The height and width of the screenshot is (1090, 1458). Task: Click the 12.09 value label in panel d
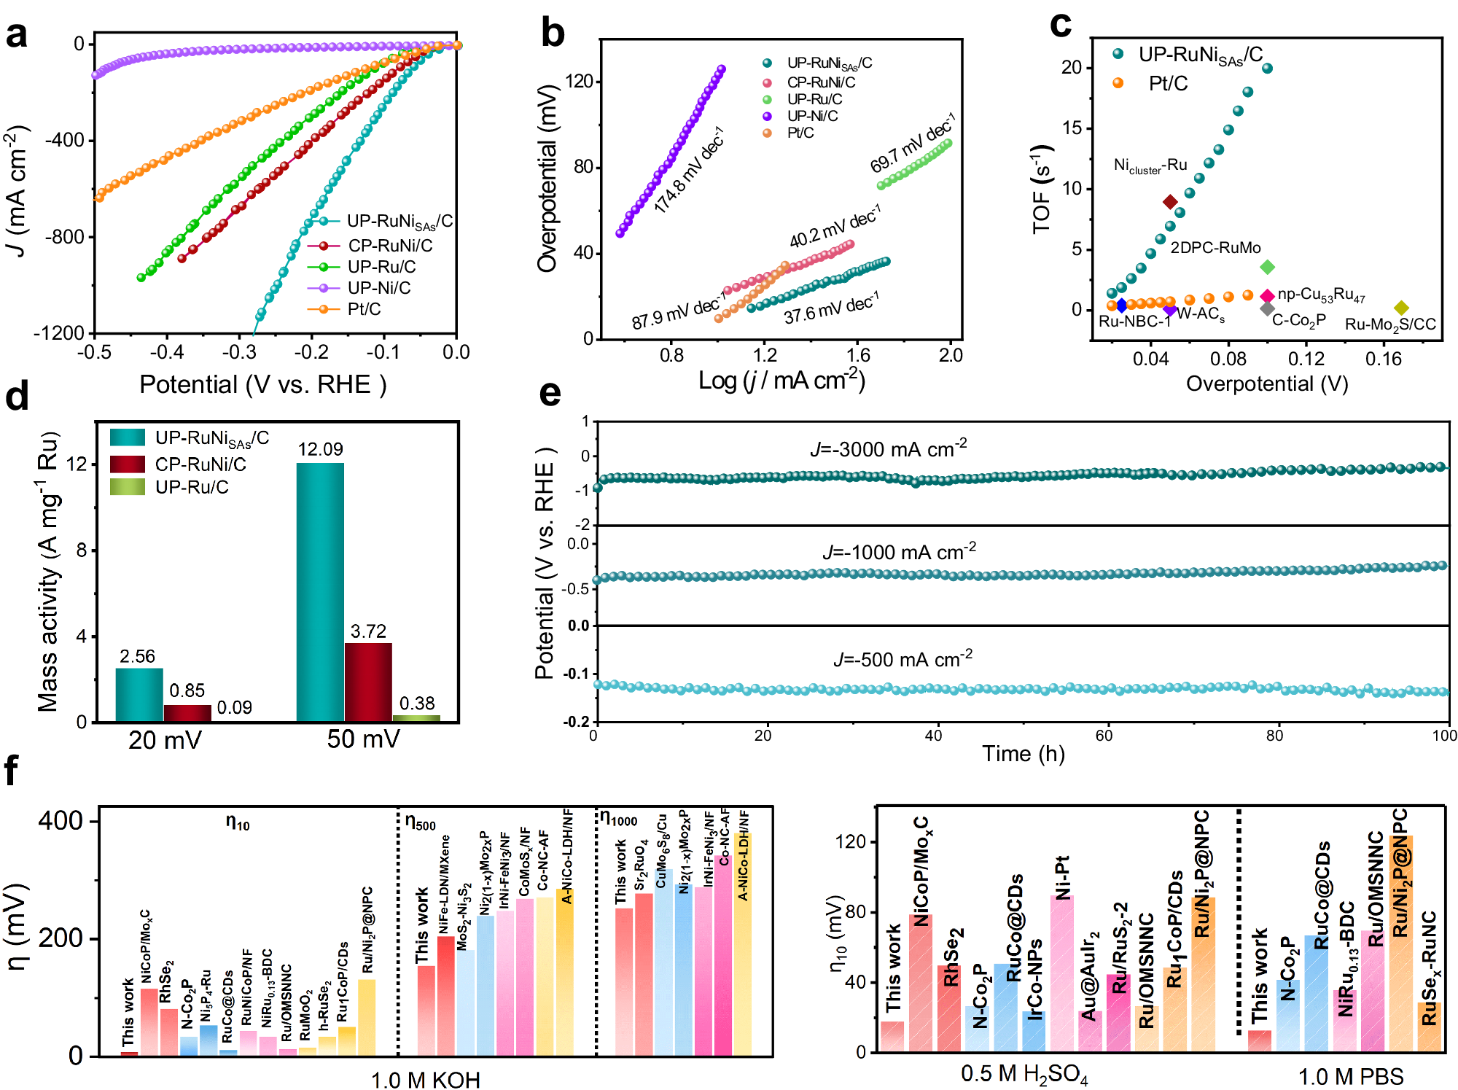(x=320, y=449)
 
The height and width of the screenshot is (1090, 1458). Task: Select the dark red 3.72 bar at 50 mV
(x=368, y=682)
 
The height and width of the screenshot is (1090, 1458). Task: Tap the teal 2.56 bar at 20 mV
(x=139, y=695)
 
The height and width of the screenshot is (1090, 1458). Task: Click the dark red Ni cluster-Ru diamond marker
(x=1170, y=202)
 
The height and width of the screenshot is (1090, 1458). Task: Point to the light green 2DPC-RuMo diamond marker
(x=1267, y=268)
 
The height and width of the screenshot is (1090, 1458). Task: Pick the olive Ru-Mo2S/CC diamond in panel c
(x=1401, y=308)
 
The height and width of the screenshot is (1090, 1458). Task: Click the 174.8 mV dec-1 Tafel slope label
(x=688, y=170)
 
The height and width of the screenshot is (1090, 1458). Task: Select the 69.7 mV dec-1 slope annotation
(x=911, y=144)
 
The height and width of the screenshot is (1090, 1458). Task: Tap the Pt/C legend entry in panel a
(x=364, y=309)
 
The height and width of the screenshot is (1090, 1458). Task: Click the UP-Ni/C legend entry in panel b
(x=812, y=116)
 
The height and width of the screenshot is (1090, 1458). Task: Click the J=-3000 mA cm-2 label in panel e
(x=888, y=448)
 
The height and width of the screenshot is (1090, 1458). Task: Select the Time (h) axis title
(x=1023, y=754)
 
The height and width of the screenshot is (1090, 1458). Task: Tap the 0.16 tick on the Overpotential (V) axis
(x=1384, y=358)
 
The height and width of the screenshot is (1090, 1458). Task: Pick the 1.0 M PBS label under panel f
(x=1350, y=1076)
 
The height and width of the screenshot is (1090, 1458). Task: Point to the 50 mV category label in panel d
(x=363, y=739)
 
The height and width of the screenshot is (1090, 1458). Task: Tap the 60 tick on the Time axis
(x=1104, y=736)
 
